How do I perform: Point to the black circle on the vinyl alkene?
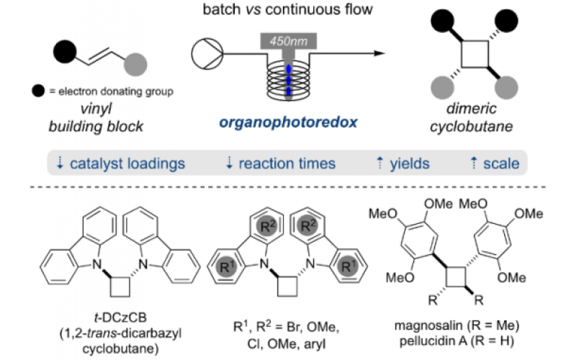64,51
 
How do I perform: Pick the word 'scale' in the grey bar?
501,163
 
